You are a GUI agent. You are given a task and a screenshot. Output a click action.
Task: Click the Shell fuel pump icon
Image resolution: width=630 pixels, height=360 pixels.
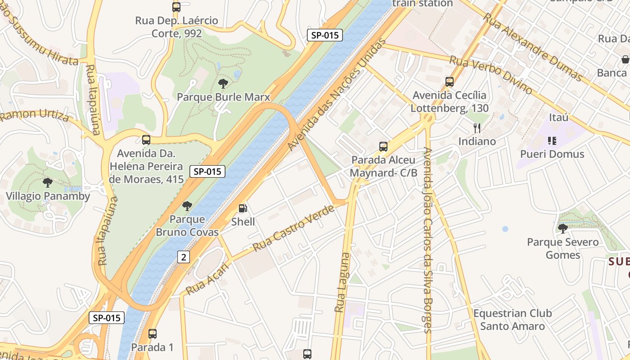pos(243,208)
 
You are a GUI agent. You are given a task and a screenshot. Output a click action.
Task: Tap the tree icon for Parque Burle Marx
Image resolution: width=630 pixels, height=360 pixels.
pos(223,83)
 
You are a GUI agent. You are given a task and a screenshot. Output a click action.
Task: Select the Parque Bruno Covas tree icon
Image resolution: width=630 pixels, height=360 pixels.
pos(187,206)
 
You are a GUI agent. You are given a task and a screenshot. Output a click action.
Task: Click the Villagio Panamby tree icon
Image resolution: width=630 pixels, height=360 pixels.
pos(47,182)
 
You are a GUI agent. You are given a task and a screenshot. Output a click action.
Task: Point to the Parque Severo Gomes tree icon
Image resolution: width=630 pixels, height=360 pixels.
pos(562,229)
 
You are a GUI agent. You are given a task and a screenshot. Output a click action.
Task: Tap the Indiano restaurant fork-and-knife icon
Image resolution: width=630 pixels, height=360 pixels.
pos(477,128)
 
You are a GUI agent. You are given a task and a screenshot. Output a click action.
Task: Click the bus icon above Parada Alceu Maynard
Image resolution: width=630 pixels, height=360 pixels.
pos(383,146)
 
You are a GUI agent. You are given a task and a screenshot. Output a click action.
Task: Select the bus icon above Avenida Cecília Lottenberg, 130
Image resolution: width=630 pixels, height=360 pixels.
pos(450,81)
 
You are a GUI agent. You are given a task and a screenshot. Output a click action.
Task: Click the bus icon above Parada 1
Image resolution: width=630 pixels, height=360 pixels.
pos(153,334)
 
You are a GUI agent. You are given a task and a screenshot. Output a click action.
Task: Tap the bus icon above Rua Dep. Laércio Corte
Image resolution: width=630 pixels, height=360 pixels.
pos(176,7)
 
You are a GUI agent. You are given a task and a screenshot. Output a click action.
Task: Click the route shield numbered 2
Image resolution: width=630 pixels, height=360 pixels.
pos(183,257)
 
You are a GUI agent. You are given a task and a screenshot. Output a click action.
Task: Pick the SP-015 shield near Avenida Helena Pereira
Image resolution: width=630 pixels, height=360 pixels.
pos(207,171)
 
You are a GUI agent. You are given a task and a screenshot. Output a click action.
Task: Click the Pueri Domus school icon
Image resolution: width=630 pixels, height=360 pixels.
pos(552,141)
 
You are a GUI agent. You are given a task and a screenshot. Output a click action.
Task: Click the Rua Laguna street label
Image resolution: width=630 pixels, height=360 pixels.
pos(342,283)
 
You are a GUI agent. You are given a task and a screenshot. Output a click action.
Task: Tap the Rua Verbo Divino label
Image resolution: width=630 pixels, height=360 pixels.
pos(491,75)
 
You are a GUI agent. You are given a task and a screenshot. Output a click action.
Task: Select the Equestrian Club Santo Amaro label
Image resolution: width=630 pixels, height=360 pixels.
pos(512,319)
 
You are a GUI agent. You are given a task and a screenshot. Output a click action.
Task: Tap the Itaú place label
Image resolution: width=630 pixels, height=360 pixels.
pos(558,117)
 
